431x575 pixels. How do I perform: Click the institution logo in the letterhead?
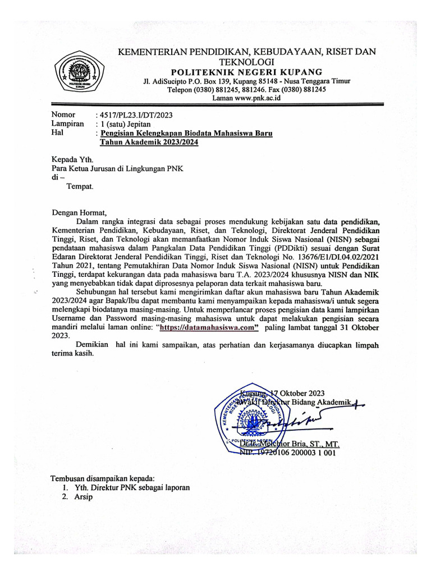[79, 72]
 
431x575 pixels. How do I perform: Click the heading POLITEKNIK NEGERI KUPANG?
[246, 72]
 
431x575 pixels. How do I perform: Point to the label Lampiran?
[68, 124]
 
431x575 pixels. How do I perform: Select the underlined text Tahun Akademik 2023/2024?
[149, 143]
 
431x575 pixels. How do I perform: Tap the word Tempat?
[80, 186]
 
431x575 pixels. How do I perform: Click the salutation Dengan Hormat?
[79, 212]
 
